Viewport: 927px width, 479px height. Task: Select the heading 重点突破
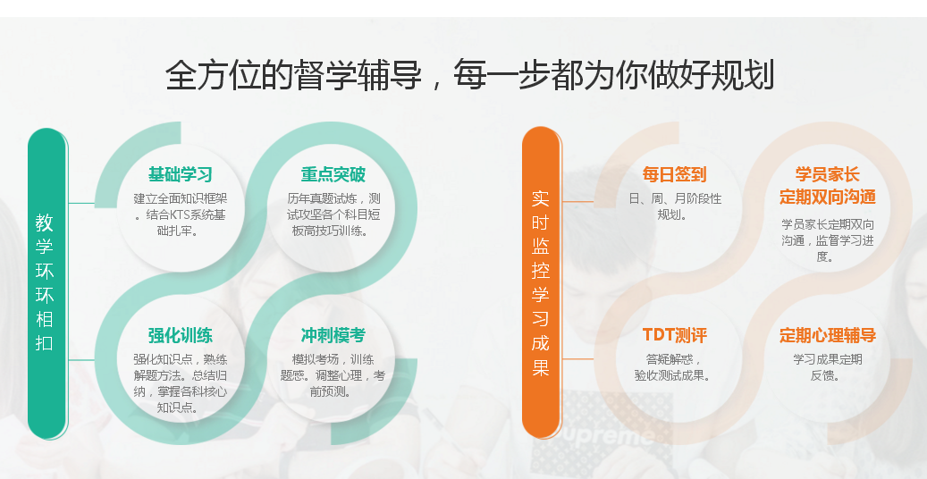coord(333,174)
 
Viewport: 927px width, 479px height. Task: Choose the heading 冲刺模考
coord(333,336)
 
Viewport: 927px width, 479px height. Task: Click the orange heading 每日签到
coord(674,174)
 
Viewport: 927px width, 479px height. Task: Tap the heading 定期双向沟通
coord(827,197)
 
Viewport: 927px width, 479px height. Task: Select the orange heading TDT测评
coord(674,336)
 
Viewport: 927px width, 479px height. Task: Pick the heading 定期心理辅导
coord(827,336)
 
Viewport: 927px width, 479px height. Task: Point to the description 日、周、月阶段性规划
coord(674,206)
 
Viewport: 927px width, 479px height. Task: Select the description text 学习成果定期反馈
coord(827,367)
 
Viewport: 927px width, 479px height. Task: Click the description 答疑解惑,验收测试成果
coord(674,367)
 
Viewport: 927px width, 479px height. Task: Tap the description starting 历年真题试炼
coord(333,214)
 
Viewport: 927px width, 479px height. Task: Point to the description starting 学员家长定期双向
coord(827,239)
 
